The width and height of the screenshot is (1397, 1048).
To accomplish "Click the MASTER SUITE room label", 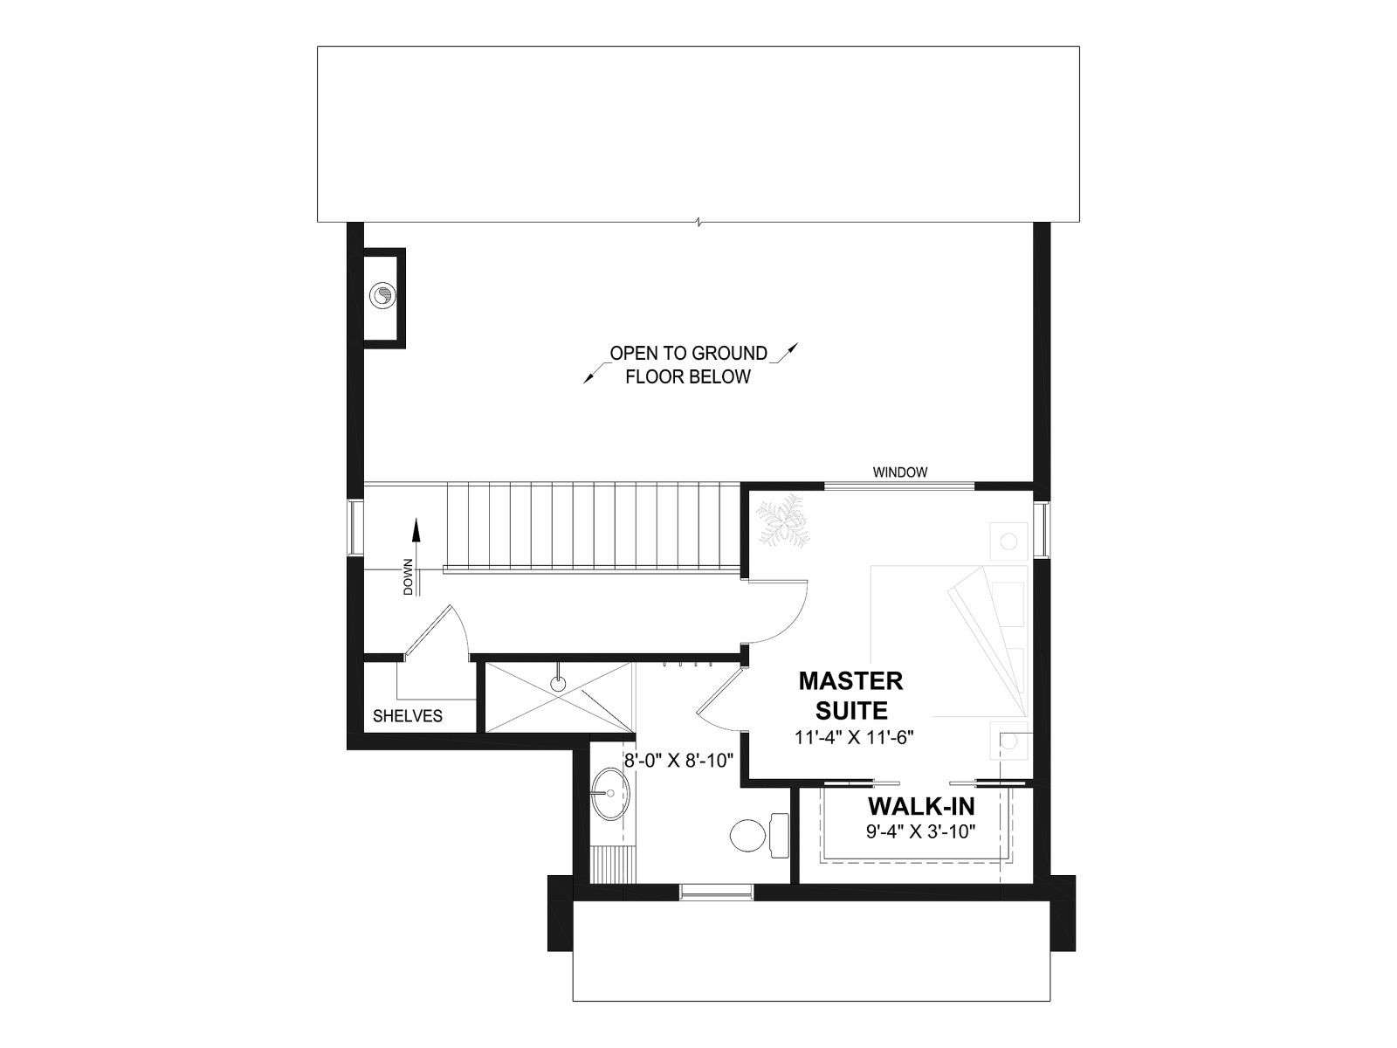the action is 850,695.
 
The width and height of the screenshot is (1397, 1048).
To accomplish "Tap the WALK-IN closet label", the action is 921,806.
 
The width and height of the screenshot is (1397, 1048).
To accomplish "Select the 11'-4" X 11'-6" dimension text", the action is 854,737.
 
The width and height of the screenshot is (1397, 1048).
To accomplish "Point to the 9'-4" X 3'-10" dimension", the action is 921,831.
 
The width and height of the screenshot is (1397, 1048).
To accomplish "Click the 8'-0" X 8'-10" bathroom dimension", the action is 679,760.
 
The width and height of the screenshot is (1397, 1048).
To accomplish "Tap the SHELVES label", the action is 408,716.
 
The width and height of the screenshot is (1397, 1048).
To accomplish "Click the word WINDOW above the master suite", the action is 900,472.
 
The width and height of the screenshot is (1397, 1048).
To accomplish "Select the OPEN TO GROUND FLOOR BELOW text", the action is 689,364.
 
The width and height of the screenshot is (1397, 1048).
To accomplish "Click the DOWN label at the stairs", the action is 408,577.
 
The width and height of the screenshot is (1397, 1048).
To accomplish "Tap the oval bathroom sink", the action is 610,794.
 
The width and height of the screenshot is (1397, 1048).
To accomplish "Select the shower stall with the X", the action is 559,698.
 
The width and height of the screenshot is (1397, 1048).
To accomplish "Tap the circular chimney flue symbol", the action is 382,296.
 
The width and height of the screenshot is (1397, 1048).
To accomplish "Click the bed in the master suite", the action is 949,641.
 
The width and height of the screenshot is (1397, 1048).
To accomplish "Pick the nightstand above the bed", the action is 1008,541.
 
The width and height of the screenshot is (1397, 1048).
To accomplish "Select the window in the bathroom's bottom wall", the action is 717,892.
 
